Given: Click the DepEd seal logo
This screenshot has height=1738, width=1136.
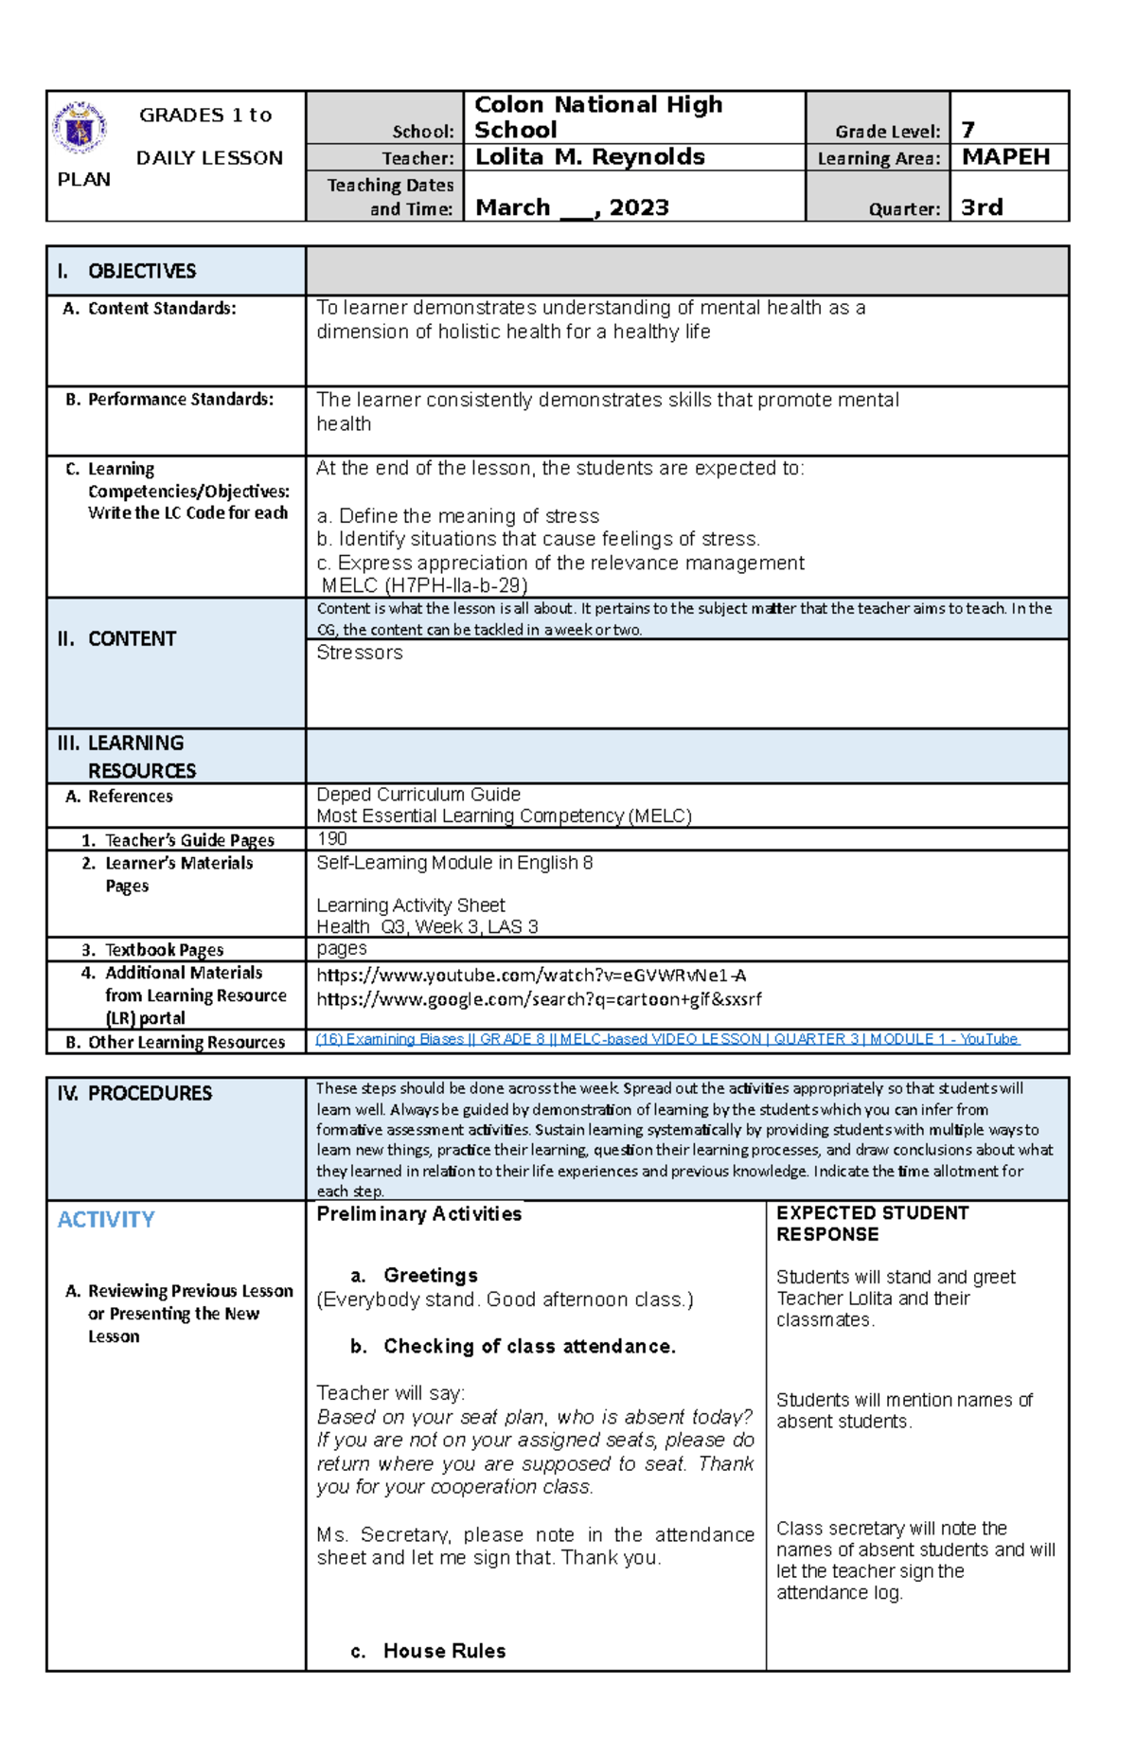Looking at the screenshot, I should (x=79, y=128).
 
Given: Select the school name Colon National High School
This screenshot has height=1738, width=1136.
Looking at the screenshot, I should (x=597, y=116).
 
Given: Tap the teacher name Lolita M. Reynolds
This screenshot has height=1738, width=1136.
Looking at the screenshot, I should (x=589, y=157).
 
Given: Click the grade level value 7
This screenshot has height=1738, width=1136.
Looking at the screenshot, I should (x=967, y=130).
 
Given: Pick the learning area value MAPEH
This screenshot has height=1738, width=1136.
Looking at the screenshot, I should (x=1005, y=157).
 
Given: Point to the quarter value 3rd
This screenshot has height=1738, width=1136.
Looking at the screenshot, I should (x=982, y=207).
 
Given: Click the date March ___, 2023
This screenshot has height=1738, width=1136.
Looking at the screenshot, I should (x=572, y=207).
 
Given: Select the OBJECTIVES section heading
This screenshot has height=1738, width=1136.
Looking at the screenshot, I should (x=141, y=272).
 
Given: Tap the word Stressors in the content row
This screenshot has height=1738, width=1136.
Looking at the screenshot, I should (x=359, y=653).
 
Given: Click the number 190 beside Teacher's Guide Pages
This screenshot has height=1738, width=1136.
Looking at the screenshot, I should (x=331, y=839).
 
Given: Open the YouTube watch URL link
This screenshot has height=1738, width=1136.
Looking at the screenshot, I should (x=531, y=976).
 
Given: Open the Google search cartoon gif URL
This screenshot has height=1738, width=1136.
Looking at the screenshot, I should (x=538, y=999).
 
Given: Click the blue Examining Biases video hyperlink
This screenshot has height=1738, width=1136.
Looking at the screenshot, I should (x=666, y=1039).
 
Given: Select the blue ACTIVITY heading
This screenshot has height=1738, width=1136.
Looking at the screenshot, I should (x=106, y=1220).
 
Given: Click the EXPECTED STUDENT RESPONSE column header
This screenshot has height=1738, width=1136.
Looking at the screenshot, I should (x=872, y=1224).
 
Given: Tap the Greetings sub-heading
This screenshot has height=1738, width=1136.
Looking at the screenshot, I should (x=429, y=1276).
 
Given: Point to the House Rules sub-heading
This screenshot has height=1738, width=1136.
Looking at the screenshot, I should (x=443, y=1652).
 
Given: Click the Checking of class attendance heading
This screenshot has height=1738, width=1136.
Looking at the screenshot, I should (x=528, y=1347).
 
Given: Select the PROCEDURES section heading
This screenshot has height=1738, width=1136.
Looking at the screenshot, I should (x=149, y=1094).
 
